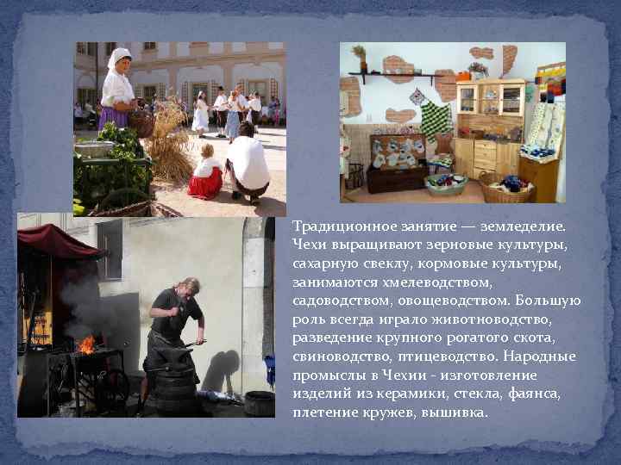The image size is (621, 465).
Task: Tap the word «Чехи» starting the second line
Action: (309, 245)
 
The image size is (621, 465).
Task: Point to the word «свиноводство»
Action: (337, 357)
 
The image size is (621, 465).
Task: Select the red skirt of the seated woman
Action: (205, 183)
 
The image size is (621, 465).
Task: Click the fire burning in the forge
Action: (86, 344)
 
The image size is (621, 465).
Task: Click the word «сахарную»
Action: (324, 263)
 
